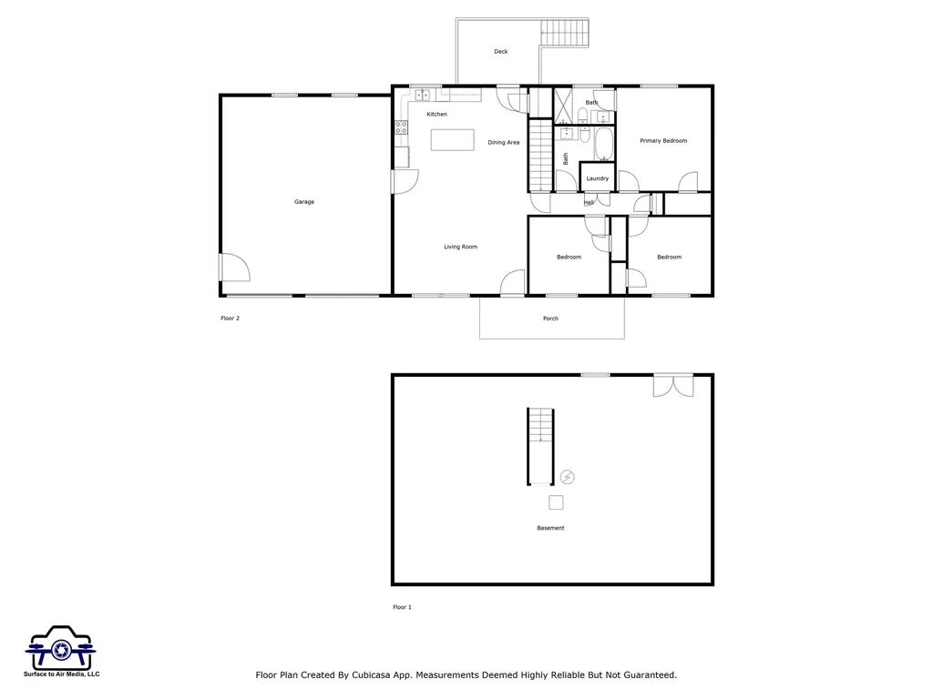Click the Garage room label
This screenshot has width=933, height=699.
tap(304, 202)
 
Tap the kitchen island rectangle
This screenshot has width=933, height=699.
tap(453, 139)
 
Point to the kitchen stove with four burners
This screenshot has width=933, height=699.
tap(400, 128)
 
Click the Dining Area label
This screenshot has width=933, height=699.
tap(503, 142)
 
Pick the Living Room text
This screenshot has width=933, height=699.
tap(460, 247)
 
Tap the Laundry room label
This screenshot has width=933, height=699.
tap(598, 178)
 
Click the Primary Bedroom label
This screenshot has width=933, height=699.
tap(663, 141)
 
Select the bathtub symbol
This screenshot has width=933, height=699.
tap(603, 145)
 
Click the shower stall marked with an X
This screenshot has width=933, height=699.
tap(563, 106)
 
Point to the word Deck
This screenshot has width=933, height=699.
tap(501, 52)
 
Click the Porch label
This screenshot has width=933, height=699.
tap(550, 319)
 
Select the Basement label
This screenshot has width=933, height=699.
tap(550, 528)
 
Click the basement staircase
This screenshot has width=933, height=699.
tap(540, 446)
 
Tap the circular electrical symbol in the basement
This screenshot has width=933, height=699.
tap(568, 477)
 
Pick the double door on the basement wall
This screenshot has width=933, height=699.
tap(673, 385)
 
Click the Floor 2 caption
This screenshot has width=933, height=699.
tap(230, 319)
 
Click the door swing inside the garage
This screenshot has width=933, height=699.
tap(234, 267)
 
